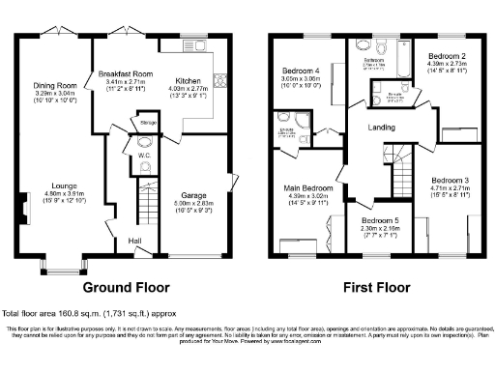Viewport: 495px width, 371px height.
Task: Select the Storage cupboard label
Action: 148,123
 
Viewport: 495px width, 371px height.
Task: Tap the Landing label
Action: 381,127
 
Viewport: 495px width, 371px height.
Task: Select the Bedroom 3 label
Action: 451,181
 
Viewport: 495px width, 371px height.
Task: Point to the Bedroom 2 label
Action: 449,57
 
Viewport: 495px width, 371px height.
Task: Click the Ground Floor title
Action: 126,287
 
